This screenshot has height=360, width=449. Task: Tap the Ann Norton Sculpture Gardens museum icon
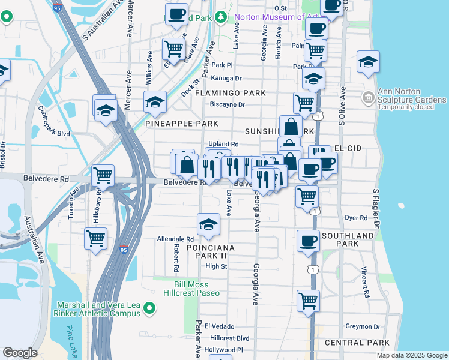[367, 97]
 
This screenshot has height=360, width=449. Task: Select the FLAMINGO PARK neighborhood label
[229, 93]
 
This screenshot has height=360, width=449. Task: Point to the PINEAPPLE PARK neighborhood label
[182, 124]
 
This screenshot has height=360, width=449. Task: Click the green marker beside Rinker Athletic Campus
[150, 309]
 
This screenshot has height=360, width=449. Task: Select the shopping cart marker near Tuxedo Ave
[103, 176]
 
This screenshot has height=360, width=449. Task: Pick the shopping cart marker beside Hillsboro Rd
[95, 238]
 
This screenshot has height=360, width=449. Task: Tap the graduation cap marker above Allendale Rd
[208, 224]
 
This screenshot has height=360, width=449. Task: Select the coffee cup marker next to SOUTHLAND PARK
[309, 241]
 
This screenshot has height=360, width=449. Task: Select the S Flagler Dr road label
[376, 209]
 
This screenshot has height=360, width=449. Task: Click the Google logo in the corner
[20, 353]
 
